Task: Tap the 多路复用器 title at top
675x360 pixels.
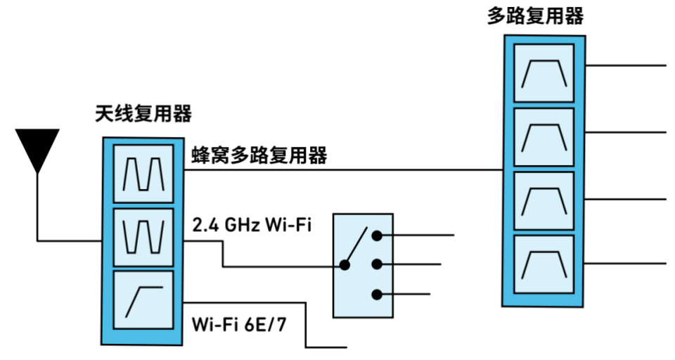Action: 536,16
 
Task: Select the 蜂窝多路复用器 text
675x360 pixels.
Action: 259,156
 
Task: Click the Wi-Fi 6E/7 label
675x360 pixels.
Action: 239,326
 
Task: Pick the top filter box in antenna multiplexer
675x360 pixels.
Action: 143,173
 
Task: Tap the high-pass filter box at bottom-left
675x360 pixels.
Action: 143,299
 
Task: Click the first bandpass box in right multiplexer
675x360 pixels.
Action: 544,75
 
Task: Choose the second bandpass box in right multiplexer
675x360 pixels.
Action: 544,138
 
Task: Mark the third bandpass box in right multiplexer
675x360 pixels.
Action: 544,201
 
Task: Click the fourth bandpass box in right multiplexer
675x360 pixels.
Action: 544,264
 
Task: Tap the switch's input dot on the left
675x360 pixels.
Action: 345,265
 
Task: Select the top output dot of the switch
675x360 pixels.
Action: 378,236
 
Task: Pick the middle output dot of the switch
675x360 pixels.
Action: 378,264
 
